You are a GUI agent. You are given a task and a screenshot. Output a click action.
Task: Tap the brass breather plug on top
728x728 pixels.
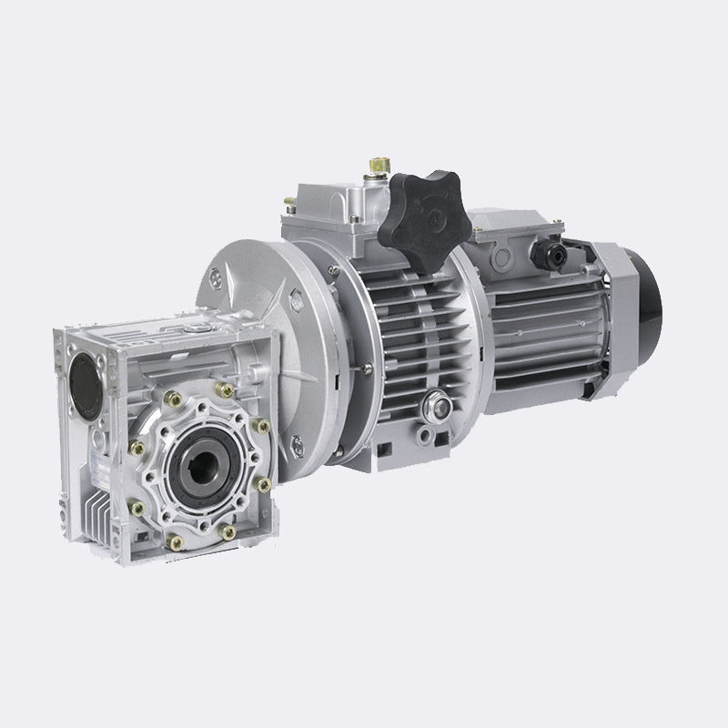[x=374, y=169]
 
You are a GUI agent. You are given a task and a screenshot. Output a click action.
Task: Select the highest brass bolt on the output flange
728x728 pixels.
[x=221, y=389]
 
